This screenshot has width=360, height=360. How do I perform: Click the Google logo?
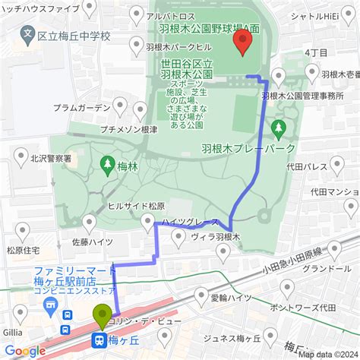25,350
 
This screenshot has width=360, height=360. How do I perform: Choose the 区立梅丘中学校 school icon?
28,35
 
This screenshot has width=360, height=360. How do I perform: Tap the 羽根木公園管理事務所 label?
303,96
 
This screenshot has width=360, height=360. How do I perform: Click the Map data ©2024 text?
327,352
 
